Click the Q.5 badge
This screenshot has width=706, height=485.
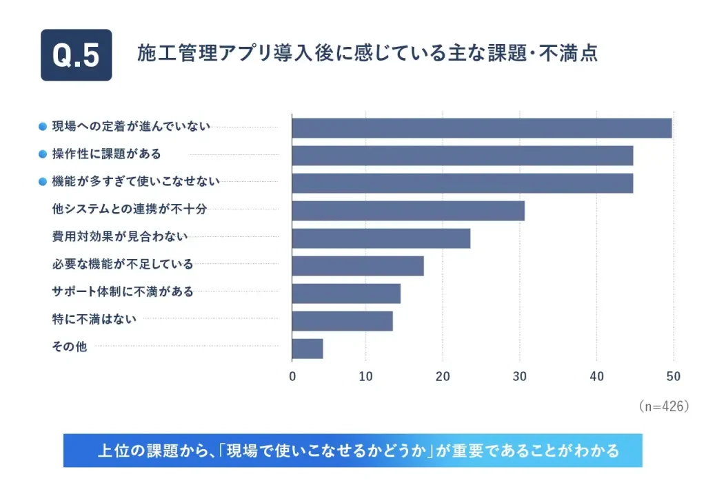(76, 55)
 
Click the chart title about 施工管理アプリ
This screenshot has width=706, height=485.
(367, 54)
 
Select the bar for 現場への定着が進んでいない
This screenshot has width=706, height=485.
(481, 128)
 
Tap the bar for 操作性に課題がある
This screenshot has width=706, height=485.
(462, 156)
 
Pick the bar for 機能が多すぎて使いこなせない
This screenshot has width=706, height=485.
(462, 183)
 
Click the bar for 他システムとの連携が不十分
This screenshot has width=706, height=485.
(408, 211)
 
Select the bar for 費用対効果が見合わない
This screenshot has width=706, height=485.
(381, 238)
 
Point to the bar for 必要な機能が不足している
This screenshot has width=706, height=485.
(358, 266)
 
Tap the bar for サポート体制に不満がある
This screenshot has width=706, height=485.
(346, 293)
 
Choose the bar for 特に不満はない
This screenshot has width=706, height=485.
(342, 321)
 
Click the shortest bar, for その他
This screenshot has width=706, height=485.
(307, 349)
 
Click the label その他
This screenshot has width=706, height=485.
(69, 347)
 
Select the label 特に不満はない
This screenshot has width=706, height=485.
(94, 319)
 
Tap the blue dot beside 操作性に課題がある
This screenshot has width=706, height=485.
(43, 154)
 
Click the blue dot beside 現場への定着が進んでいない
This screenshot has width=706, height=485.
(43, 127)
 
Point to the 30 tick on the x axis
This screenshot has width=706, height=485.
(519, 377)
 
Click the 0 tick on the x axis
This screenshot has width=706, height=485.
(292, 377)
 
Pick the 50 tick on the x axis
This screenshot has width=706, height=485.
(673, 377)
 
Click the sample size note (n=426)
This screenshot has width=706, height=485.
(663, 406)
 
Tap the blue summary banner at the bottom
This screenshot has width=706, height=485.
(352, 451)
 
